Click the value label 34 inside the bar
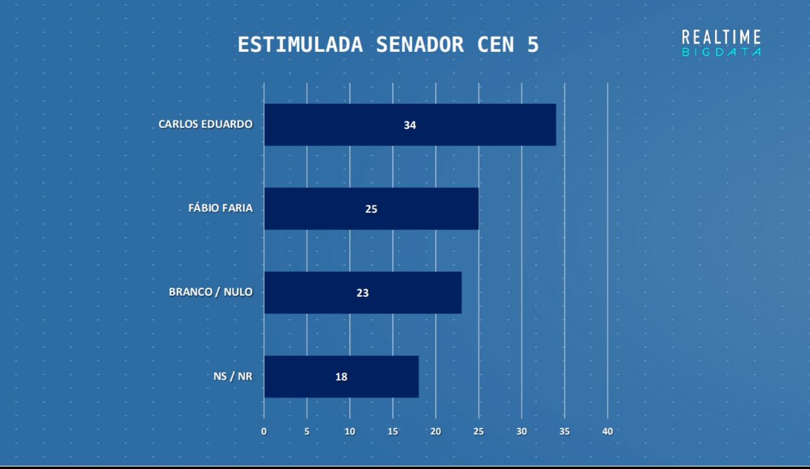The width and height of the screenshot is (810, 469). tap(410, 125)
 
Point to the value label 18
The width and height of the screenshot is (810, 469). tap(341, 377)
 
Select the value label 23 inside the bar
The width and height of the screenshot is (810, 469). tap(363, 293)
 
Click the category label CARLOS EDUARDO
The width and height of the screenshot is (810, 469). tap(205, 124)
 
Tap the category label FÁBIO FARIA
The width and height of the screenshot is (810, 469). tap(220, 208)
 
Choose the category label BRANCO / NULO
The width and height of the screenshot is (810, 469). tap(210, 292)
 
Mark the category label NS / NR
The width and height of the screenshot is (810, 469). tap(233, 377)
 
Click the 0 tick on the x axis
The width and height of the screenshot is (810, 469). tap(264, 432)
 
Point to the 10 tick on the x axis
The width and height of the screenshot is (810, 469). tap(350, 432)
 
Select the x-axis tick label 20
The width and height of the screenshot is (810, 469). tap(435, 432)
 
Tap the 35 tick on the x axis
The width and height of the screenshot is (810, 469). tap(564, 432)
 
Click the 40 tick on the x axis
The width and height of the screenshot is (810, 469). tap(607, 432)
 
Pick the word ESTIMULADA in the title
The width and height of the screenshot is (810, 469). tap(300, 45)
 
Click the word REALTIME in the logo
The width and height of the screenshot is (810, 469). tap(721, 37)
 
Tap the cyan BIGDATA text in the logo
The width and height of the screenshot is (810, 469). tap(721, 53)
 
